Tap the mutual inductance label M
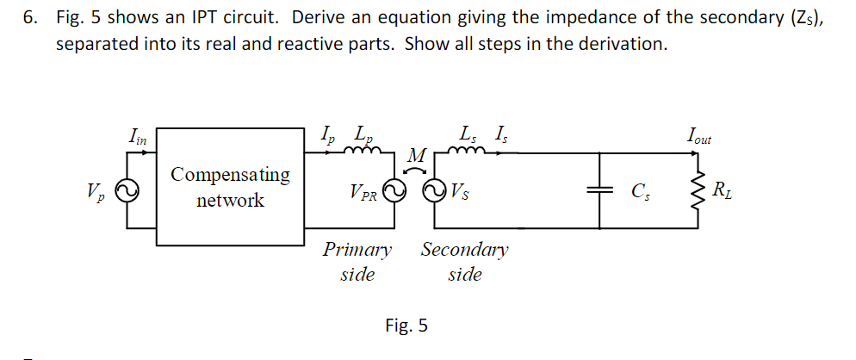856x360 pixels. pyautogui.click(x=417, y=156)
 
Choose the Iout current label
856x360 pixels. pyautogui.click(x=698, y=136)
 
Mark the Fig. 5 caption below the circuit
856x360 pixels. pyautogui.click(x=406, y=326)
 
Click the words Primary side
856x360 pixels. pyautogui.click(x=357, y=262)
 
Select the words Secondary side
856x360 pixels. pyautogui.click(x=464, y=262)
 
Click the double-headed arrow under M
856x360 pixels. pyautogui.click(x=417, y=171)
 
